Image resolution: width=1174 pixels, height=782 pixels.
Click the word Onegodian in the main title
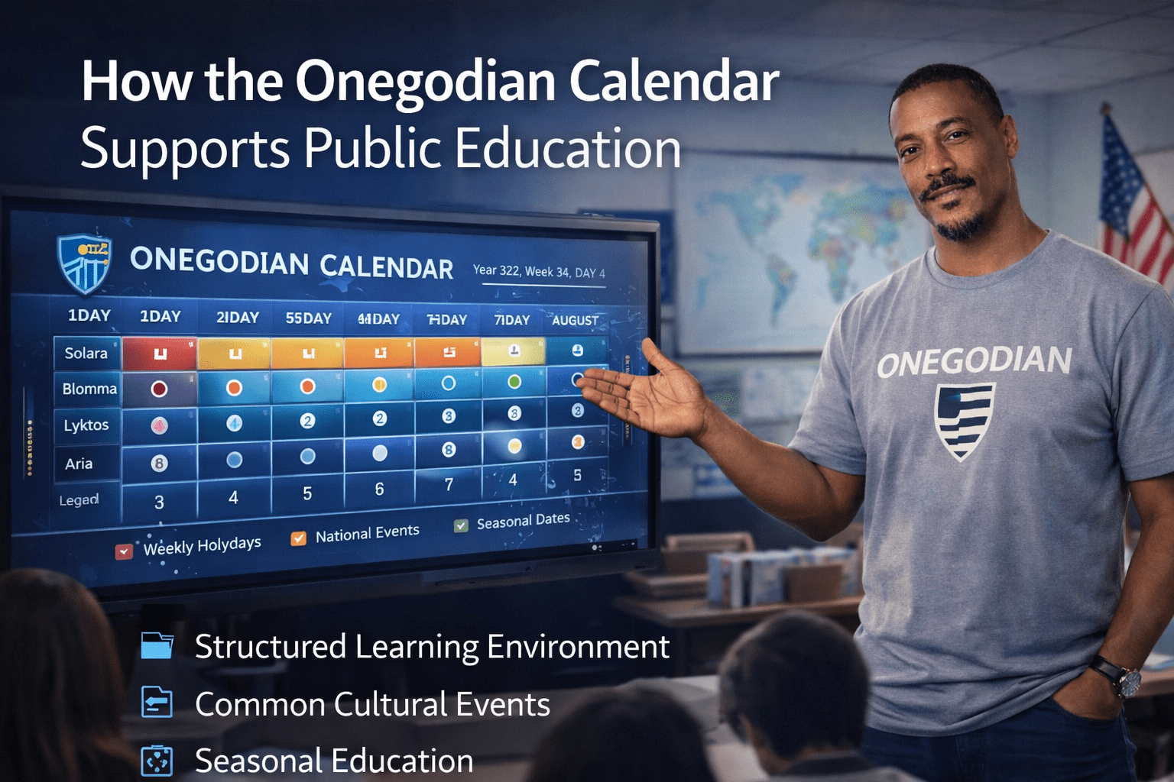426,82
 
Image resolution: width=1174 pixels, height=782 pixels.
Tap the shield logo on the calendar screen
85,263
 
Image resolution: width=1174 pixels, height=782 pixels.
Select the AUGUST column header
575,320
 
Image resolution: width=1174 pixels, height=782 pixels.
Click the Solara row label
86,353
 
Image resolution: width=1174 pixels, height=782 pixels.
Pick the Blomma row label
89,389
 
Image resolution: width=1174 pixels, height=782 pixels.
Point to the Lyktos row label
86,425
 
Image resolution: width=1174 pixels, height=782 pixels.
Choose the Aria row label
79,464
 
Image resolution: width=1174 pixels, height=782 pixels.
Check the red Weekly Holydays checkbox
124,551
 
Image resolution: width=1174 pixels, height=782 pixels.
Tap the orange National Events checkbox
299,538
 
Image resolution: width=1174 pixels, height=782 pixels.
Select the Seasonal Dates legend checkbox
461,525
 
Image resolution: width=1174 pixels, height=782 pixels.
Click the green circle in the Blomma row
514,380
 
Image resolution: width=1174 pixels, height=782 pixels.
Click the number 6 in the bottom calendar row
379,489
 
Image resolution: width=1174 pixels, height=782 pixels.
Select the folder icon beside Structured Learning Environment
157,646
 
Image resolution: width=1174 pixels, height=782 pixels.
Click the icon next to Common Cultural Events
157,703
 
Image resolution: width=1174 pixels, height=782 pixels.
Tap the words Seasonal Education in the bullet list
334,761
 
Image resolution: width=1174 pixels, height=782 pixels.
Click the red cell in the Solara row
160,354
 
